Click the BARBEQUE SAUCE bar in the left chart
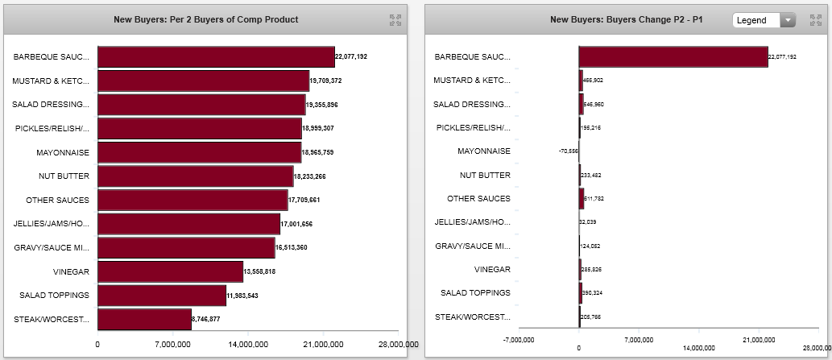(x=216, y=56)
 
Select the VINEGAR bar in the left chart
(x=170, y=271)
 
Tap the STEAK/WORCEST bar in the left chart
(x=144, y=319)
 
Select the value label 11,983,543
(x=247, y=296)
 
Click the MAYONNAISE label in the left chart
(x=63, y=152)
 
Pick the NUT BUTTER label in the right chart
(x=485, y=175)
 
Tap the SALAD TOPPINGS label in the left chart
(x=55, y=296)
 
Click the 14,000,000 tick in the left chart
(x=248, y=345)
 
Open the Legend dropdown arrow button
(x=789, y=20)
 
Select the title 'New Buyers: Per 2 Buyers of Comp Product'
(x=205, y=19)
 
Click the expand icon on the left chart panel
(x=395, y=20)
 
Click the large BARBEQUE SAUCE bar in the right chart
(x=673, y=56)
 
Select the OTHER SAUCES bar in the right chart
(x=582, y=198)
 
